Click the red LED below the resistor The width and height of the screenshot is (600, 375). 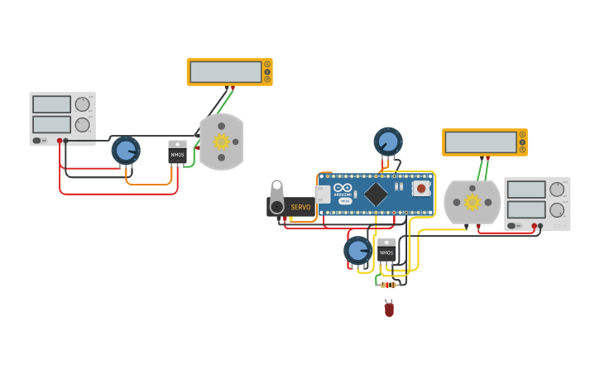pyautogui.click(x=389, y=309)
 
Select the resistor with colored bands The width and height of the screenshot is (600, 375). pyautogui.click(x=388, y=285)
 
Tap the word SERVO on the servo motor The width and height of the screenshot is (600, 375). pyautogui.click(x=300, y=207)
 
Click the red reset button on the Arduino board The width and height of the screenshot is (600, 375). pyautogui.click(x=421, y=189)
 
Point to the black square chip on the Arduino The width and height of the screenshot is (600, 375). pyautogui.click(x=376, y=195)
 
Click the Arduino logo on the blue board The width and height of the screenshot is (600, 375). pyautogui.click(x=343, y=190)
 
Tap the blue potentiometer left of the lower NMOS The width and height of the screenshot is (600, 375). pyautogui.click(x=358, y=249)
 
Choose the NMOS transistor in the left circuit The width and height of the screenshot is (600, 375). pyautogui.click(x=177, y=152)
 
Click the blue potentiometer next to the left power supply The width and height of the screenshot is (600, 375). pyautogui.click(x=126, y=151)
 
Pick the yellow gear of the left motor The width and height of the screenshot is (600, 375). pyautogui.click(x=221, y=142)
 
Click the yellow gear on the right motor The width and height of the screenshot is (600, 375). pyautogui.click(x=473, y=202)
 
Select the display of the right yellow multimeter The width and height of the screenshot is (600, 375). pyautogui.click(x=481, y=142)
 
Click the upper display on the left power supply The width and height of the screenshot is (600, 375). pyautogui.click(x=51, y=104)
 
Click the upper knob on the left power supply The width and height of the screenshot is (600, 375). pyautogui.click(x=82, y=104)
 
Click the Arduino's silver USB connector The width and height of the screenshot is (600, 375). pyautogui.click(x=323, y=195)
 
